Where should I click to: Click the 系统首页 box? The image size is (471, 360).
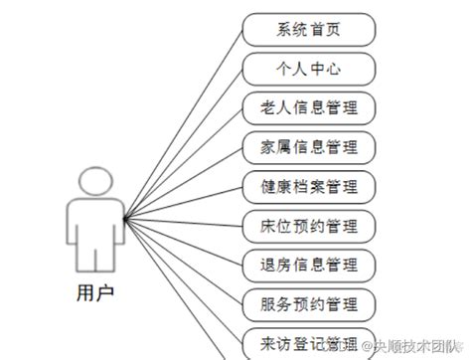(x=308, y=29)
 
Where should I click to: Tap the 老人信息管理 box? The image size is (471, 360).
(x=308, y=106)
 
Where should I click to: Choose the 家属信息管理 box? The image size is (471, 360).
(x=308, y=146)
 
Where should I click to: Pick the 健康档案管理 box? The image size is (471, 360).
(x=308, y=185)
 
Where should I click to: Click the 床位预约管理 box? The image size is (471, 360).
(x=308, y=224)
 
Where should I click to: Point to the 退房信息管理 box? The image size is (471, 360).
(x=308, y=264)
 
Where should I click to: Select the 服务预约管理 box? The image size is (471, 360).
(x=308, y=302)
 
